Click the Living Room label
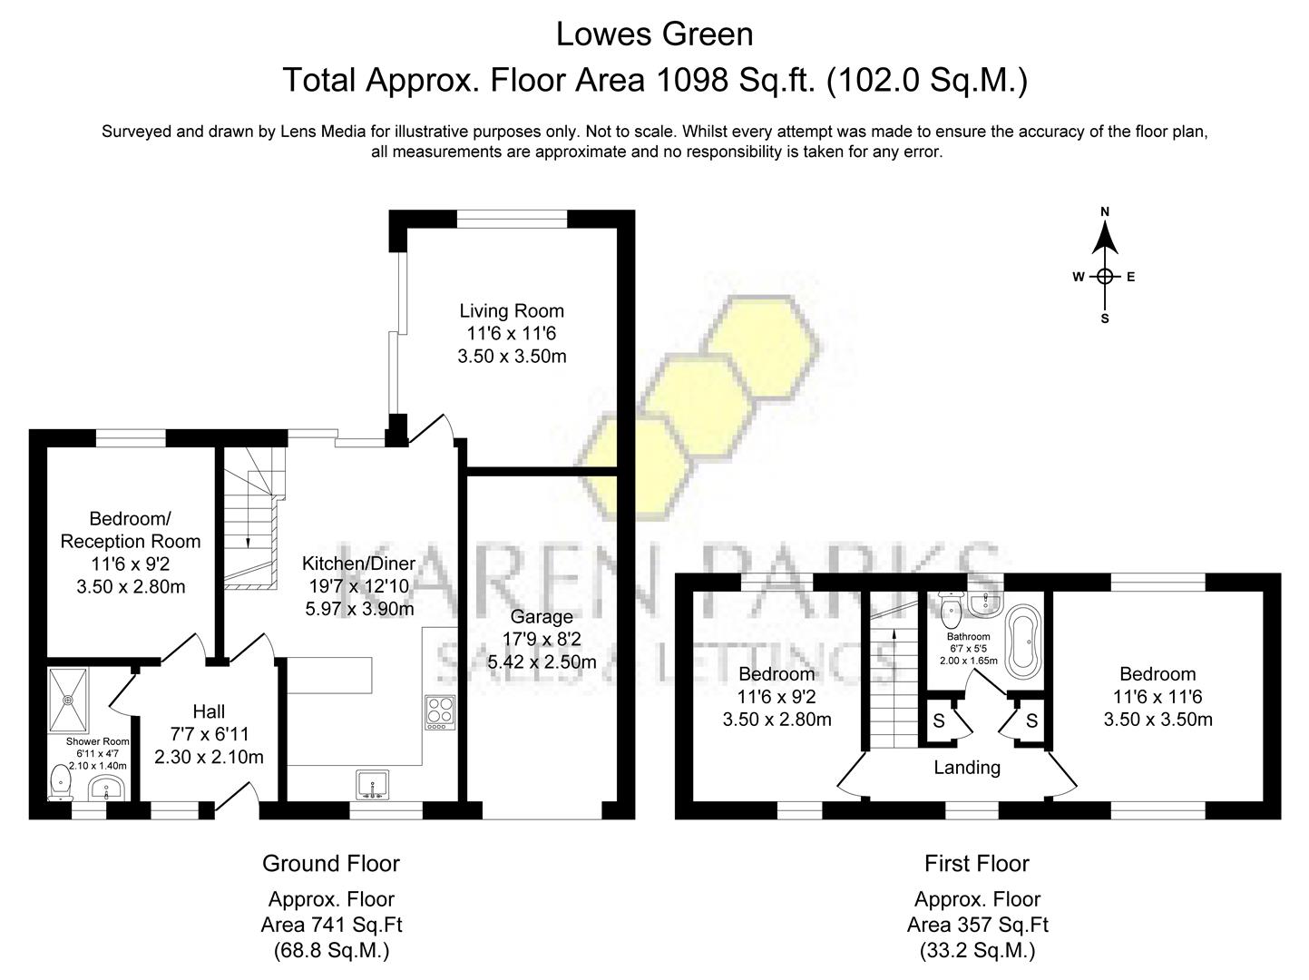(512, 311)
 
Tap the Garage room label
(542, 617)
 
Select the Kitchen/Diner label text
(358, 563)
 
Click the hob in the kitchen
(440, 711)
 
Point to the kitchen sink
(374, 785)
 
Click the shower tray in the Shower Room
(69, 700)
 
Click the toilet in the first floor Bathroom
(951, 610)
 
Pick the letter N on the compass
(1105, 212)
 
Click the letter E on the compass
(1131, 278)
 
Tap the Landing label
(967, 768)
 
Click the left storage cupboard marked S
(939, 721)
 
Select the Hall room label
(209, 711)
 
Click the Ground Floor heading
(331, 863)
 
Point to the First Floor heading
(977, 863)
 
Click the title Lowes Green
(654, 34)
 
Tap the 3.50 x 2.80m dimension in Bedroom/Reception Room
(131, 586)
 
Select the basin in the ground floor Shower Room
(112, 789)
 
